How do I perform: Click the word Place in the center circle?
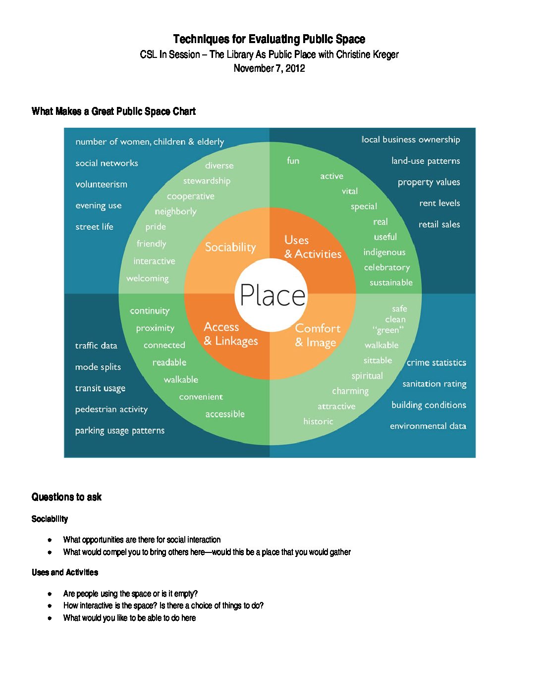pos(272,295)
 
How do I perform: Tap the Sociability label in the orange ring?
pos(230,247)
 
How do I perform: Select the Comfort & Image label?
pos(318,335)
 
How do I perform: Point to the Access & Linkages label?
pos(231,334)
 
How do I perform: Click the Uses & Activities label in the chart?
pos(313,247)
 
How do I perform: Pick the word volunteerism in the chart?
pos(101,184)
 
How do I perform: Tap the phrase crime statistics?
pos(436,363)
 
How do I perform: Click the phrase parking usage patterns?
pos(119,431)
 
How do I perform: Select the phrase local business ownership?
pos(410,140)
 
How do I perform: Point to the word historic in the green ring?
pos(318,421)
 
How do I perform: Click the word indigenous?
pos(384,252)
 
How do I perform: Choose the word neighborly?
pos(175,211)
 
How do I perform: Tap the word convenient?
pos(201,397)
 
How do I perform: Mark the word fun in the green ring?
pos(293,160)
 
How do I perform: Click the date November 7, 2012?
pos(269,68)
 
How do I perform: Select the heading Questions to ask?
pos(66,497)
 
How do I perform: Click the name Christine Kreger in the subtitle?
pos(367,54)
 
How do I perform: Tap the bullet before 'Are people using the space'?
pos(50,594)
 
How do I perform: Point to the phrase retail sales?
pos(439,224)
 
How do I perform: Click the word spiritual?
pos(367,376)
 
